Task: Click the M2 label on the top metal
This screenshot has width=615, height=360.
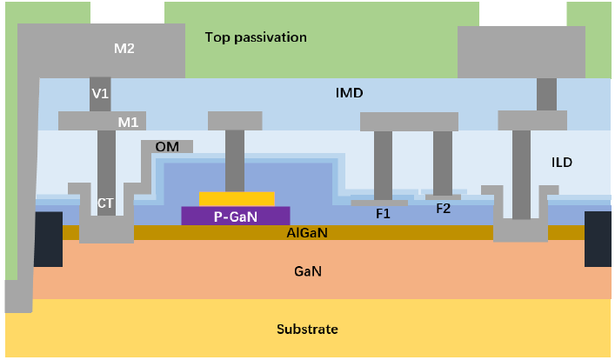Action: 124,49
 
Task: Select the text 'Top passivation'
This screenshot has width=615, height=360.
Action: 256,37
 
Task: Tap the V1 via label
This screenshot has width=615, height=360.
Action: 100,92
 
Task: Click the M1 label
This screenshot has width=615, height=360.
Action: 129,122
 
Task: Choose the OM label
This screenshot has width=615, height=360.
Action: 167,147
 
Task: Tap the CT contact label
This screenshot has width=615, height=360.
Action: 105,203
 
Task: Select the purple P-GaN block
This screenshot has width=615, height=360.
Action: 235,216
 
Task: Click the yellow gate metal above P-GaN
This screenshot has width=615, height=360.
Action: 237,198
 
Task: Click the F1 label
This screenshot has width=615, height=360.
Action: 383,213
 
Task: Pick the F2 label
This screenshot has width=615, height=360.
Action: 443,208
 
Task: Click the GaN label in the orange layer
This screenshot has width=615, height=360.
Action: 308,271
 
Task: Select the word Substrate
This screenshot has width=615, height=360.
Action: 307,330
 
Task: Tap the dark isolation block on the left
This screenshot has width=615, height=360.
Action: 48,238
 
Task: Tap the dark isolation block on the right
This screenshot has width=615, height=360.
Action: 598,238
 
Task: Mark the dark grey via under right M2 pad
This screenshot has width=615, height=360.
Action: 547,94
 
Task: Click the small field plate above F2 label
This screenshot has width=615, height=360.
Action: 443,197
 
